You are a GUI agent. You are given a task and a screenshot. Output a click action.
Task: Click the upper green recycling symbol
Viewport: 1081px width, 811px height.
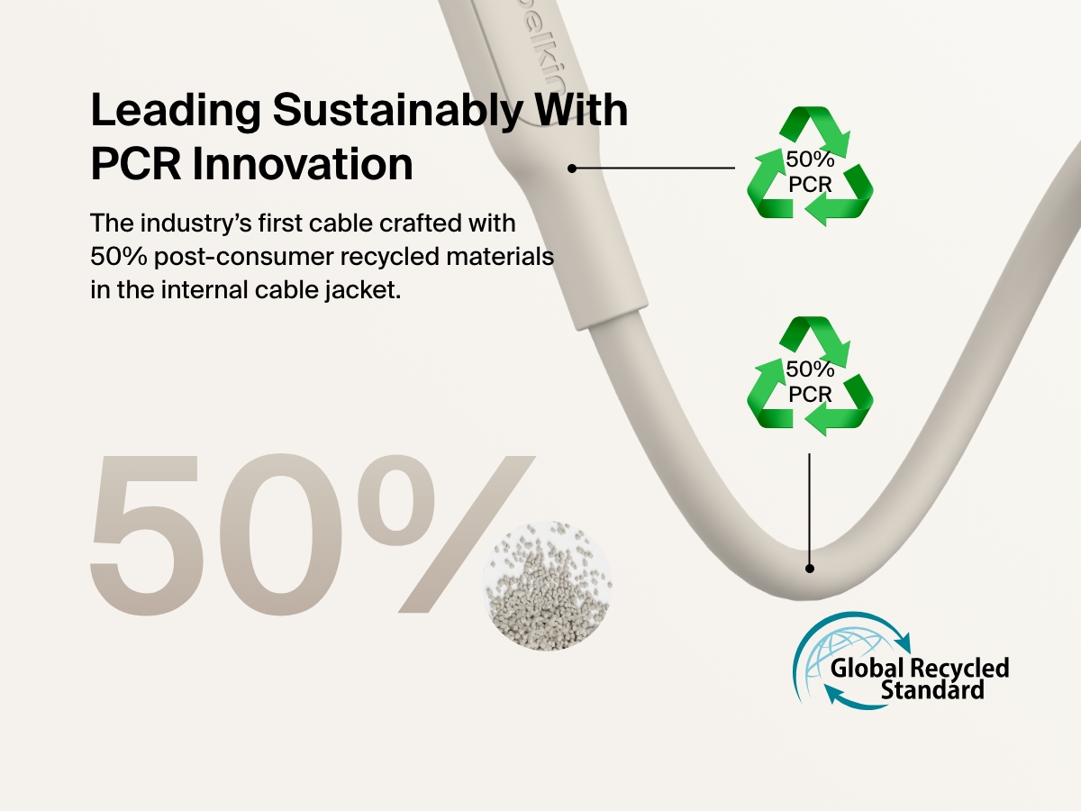coord(809,167)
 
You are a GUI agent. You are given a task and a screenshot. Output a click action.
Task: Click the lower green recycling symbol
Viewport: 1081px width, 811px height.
coord(809,374)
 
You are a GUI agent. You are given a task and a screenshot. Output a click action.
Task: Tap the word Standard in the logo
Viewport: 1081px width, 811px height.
coord(932,691)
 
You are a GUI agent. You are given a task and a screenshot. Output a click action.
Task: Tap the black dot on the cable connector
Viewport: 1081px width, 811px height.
coord(571,168)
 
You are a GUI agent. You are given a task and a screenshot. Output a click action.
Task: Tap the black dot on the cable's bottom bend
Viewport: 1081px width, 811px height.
coord(809,569)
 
